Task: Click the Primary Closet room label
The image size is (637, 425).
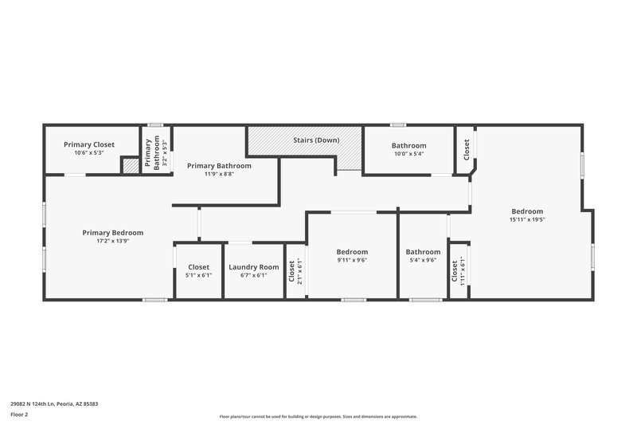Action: (89, 144)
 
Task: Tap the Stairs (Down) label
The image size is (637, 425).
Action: (316, 140)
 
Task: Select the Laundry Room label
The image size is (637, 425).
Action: (253, 267)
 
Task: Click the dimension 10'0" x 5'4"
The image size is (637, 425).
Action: (408, 153)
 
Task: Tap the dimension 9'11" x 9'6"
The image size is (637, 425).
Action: (352, 259)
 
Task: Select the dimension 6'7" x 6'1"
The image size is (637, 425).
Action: (253, 275)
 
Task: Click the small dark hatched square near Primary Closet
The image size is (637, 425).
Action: (131, 165)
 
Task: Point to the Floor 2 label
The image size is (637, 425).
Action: (20, 415)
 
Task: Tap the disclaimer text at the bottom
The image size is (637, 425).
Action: (318, 416)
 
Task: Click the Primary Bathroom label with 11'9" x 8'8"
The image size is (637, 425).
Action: (219, 166)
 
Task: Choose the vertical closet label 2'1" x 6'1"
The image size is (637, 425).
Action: (295, 272)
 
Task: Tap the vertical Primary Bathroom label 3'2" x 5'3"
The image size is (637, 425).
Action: (151, 152)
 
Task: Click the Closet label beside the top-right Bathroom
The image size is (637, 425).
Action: (467, 148)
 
